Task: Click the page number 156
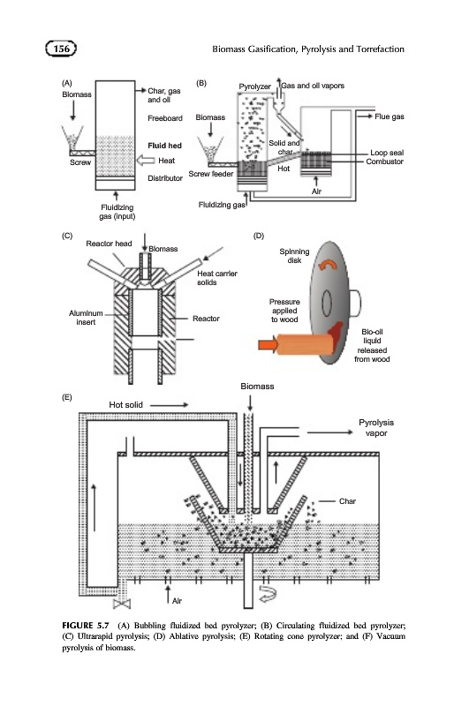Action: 61,49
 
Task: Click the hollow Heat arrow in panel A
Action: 146,161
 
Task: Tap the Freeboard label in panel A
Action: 165,118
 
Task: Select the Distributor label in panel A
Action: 165,178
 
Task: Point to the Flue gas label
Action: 390,116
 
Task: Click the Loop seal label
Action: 387,153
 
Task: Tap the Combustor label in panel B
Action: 384,161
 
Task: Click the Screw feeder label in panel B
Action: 211,174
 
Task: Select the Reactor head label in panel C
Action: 109,244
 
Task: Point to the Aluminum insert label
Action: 86,318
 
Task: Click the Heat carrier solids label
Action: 216,278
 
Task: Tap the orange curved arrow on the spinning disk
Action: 328,265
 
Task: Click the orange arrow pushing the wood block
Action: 269,345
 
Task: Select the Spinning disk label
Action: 294,256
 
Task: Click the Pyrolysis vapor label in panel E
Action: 376,428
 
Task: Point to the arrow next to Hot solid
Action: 169,405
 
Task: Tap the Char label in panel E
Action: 347,501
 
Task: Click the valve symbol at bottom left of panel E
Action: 122,604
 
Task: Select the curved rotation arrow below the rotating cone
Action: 269,594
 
